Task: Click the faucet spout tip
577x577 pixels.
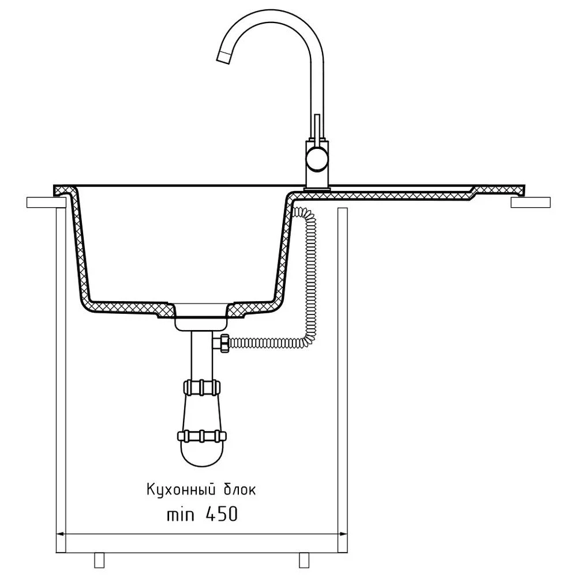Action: (223, 58)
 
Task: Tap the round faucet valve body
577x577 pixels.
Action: (317, 160)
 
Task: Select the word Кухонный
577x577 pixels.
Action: (181, 490)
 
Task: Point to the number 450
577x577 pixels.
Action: (222, 514)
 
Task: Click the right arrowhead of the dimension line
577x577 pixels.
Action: (342, 534)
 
